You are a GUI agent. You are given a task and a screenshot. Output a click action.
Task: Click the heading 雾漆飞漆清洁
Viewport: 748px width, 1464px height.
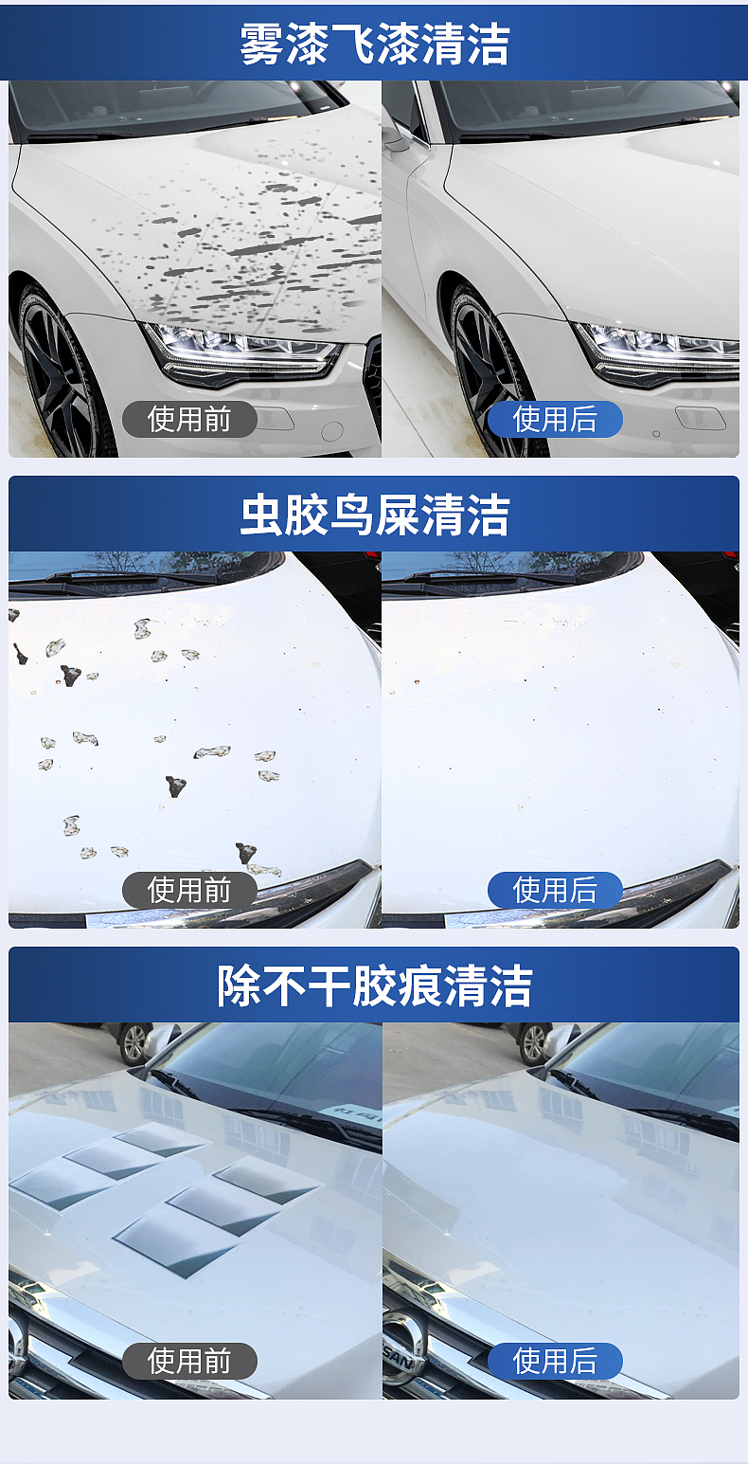click(x=374, y=45)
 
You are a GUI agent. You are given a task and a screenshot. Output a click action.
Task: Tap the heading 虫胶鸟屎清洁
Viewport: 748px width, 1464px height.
click(x=374, y=515)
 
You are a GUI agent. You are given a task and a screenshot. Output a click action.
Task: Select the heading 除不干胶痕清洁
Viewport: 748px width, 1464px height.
click(x=374, y=985)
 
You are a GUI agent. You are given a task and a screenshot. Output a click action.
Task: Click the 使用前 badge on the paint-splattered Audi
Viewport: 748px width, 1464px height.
click(x=189, y=419)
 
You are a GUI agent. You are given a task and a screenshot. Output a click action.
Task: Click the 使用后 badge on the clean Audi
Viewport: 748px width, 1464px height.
click(x=555, y=419)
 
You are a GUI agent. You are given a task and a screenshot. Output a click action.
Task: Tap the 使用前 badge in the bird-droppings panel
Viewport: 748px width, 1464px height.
click(x=189, y=890)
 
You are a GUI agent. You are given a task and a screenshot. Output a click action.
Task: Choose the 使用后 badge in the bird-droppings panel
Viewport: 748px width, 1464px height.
click(x=555, y=890)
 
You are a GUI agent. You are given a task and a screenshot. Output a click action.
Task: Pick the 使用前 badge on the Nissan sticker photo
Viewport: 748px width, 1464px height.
click(x=189, y=1361)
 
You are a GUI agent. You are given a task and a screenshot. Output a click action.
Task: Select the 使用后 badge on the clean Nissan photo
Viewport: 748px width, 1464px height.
click(x=555, y=1361)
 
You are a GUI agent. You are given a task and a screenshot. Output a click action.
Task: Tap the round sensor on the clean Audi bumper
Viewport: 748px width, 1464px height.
click(x=656, y=433)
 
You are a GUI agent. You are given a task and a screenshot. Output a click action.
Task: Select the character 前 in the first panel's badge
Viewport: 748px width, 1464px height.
click(x=217, y=419)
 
